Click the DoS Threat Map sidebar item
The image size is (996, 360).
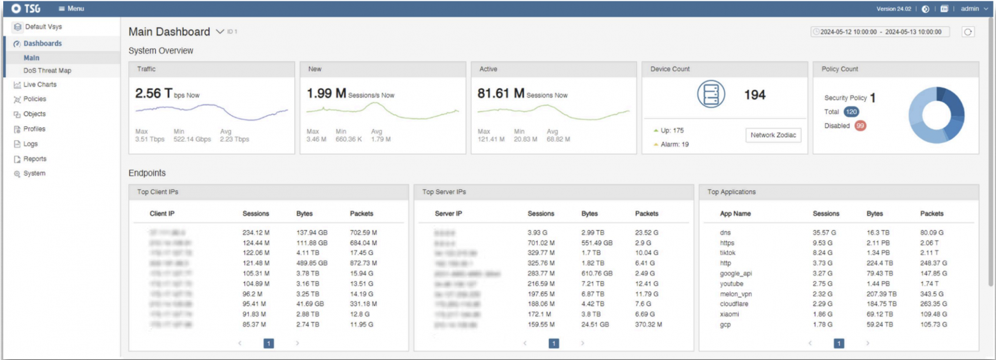pyautogui.click(x=47, y=71)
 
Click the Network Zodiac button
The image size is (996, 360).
pyautogui.click(x=773, y=135)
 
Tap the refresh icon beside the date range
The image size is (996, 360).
pyautogui.click(x=968, y=32)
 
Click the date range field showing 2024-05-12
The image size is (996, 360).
pyautogui.click(x=880, y=32)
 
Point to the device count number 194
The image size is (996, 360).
pyautogui.click(x=755, y=96)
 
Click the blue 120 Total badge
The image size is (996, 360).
pyautogui.click(x=851, y=112)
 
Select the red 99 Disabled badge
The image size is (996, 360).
pyautogui.click(x=860, y=126)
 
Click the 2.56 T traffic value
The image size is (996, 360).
pyautogui.click(x=153, y=94)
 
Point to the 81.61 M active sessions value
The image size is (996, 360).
pyautogui.click(x=501, y=94)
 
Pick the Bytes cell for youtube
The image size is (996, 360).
pyautogui.click(x=878, y=284)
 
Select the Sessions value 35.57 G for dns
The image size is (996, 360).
pyautogui.click(x=825, y=233)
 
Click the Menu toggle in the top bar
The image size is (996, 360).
pyautogui.click(x=71, y=9)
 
